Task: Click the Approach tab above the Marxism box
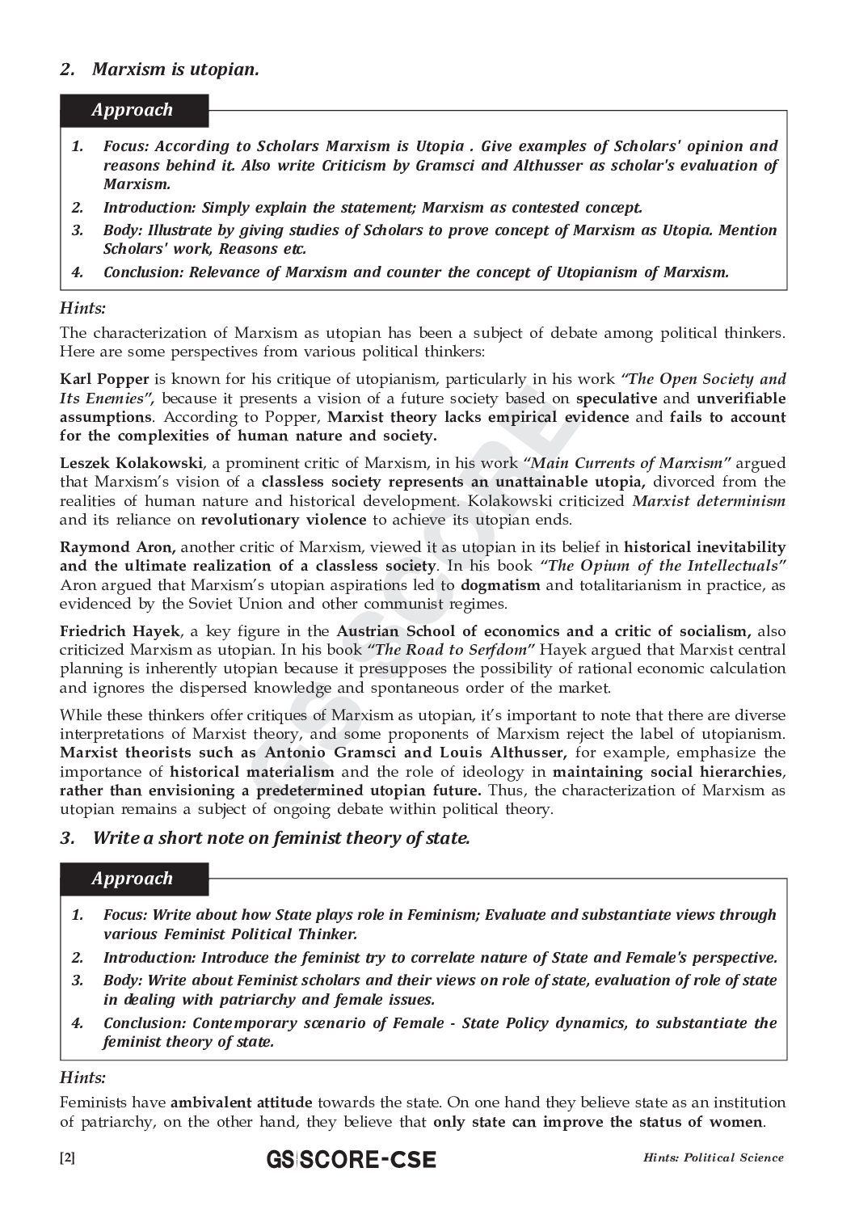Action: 133,111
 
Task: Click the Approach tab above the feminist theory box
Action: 133,879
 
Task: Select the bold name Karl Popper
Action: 104,379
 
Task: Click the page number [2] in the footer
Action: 67,1157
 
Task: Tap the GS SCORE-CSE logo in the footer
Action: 351,1160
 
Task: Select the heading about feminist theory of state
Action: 280,837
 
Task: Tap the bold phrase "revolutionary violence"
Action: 283,520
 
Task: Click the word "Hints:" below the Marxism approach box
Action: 83,308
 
